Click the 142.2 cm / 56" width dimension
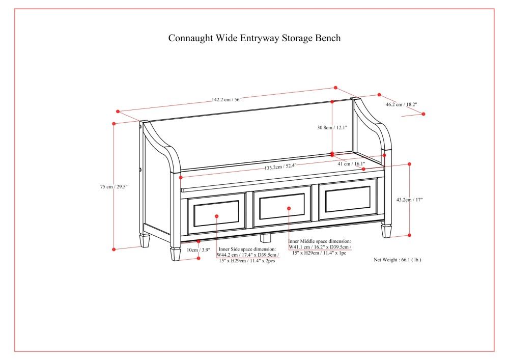tap(227, 100)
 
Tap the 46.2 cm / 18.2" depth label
tap(401, 104)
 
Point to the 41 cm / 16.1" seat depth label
tap(351, 164)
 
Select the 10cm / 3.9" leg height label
tap(198, 250)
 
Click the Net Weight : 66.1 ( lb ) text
tap(398, 259)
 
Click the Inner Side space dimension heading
tap(247, 249)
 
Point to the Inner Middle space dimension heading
tap(319, 241)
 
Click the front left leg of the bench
tap(175, 254)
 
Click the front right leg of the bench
tap(387, 231)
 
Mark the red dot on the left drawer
tap(216, 216)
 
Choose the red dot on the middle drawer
tap(289, 208)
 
